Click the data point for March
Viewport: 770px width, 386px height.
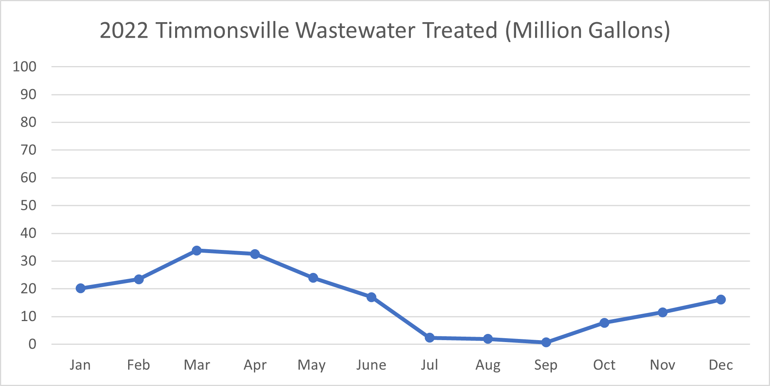click(196, 250)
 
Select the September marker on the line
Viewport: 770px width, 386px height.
click(546, 342)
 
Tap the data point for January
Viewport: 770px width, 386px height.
click(80, 288)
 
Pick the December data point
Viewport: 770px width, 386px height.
click(721, 299)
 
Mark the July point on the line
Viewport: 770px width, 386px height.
click(429, 337)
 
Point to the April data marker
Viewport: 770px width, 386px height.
click(255, 254)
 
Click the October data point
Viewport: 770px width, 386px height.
click(604, 323)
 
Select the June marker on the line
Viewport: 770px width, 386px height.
click(371, 297)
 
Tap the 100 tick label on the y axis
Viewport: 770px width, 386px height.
click(24, 66)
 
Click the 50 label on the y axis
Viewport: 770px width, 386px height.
click(28, 205)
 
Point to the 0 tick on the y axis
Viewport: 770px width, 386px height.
click(32, 344)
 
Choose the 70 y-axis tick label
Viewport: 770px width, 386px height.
click(28, 150)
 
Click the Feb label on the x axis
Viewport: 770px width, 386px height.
click(138, 365)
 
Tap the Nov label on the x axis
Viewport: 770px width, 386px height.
click(662, 365)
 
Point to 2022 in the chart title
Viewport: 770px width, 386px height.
click(124, 30)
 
